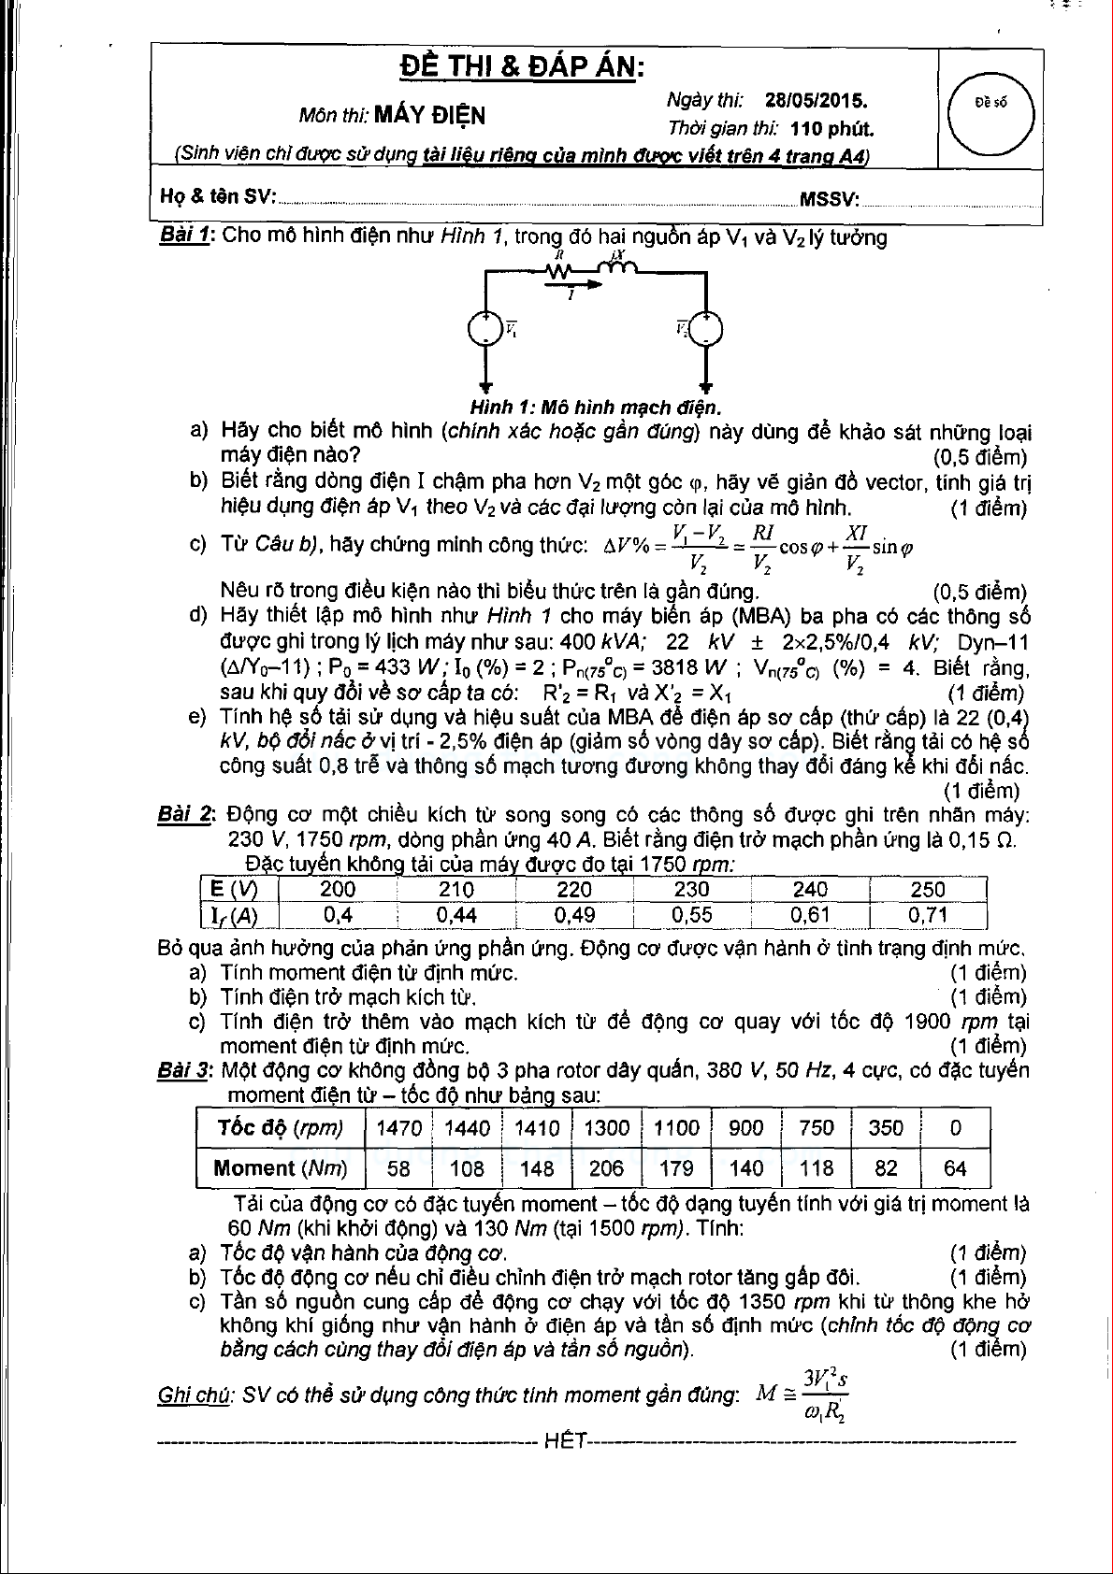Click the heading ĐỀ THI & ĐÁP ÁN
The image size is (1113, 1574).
coord(522,67)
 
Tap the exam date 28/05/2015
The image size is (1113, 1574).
coord(816,100)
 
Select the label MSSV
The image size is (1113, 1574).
coord(829,197)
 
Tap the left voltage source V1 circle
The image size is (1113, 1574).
coord(485,328)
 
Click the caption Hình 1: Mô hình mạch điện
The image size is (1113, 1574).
coord(595,408)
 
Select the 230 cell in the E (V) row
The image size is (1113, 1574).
coord(691,889)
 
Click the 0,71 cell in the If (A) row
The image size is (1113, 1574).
coord(927,915)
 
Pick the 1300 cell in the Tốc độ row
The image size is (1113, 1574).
coord(606,1127)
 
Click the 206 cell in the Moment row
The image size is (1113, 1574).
coord(606,1168)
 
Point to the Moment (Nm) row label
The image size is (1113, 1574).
coord(280,1168)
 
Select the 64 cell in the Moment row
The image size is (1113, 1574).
coord(955,1168)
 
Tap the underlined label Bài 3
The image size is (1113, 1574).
coord(184,1070)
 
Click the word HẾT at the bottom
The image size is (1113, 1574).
coord(564,1440)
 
